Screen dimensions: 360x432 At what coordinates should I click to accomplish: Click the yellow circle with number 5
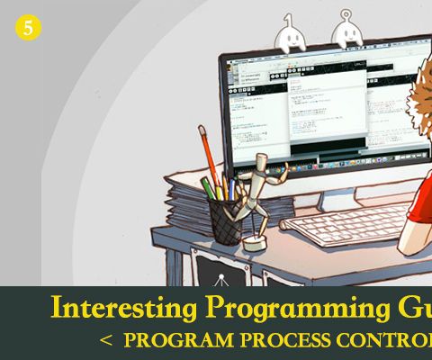coord(28,28)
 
